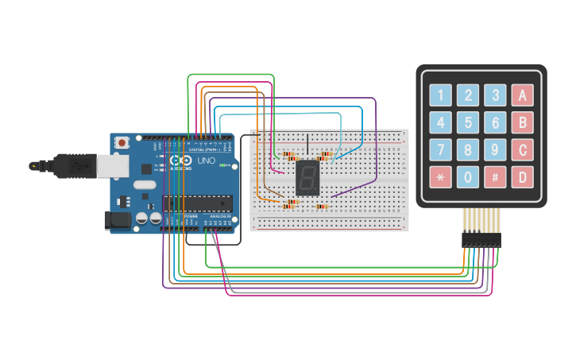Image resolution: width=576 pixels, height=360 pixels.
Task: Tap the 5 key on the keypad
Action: click(x=468, y=122)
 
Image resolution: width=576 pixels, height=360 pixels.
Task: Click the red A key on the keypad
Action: click(x=522, y=95)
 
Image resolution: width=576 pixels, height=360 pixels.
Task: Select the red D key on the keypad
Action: click(x=522, y=176)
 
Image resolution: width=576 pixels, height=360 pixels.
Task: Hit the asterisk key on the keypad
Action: click(x=441, y=176)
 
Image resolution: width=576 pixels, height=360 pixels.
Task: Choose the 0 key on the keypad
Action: click(x=468, y=176)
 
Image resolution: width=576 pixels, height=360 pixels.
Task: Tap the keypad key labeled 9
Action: click(x=495, y=149)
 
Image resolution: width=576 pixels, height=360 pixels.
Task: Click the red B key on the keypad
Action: click(x=522, y=122)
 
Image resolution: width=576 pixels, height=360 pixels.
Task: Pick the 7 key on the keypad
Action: click(x=441, y=149)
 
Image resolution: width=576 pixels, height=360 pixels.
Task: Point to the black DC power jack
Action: click(x=118, y=221)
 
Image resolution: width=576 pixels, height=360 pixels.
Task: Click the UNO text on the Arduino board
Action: click(x=206, y=161)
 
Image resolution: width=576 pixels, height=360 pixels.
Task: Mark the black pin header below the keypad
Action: click(x=481, y=238)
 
